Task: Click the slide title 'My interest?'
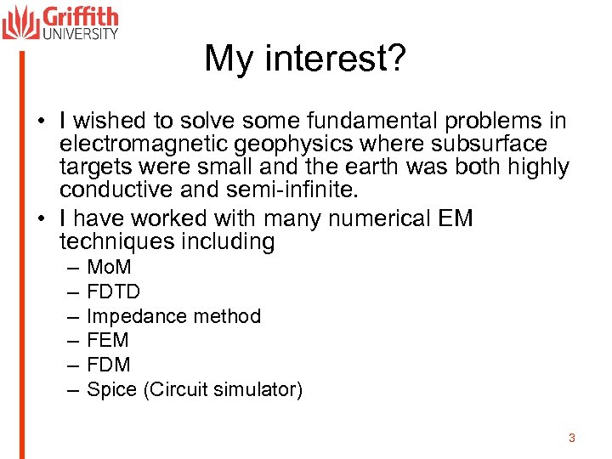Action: coord(305,59)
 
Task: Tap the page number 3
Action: coord(571,438)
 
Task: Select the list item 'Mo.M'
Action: coord(110,269)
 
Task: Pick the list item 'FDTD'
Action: coord(114,293)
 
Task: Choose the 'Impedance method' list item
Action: coord(173,317)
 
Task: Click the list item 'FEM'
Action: coord(108,341)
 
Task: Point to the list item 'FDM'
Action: coord(109,365)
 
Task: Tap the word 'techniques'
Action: coord(118,242)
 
